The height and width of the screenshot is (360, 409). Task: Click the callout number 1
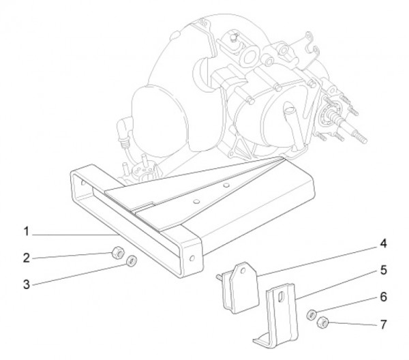[26, 231]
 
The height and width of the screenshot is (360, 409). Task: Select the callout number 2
[27, 258]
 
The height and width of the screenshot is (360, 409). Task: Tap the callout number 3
[27, 284]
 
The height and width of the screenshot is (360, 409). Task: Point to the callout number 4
[383, 243]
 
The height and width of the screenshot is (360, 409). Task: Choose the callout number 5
[383, 270]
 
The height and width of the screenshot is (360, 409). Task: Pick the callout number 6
[383, 297]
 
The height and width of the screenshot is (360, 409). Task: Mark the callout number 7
[383, 325]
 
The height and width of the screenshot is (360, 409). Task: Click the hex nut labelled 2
[118, 252]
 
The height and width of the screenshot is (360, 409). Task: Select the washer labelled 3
[131, 260]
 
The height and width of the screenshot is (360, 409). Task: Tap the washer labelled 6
[312, 314]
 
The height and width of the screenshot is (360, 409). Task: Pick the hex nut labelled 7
[322, 323]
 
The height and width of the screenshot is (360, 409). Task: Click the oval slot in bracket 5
[281, 297]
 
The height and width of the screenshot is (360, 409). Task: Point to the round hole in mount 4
[243, 271]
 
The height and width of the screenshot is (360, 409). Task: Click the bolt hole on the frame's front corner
[192, 258]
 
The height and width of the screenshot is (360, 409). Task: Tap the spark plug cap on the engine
[122, 129]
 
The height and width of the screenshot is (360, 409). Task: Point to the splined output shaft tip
[360, 136]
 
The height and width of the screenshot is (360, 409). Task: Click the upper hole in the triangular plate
[226, 185]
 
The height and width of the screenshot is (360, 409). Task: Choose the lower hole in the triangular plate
[197, 201]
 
